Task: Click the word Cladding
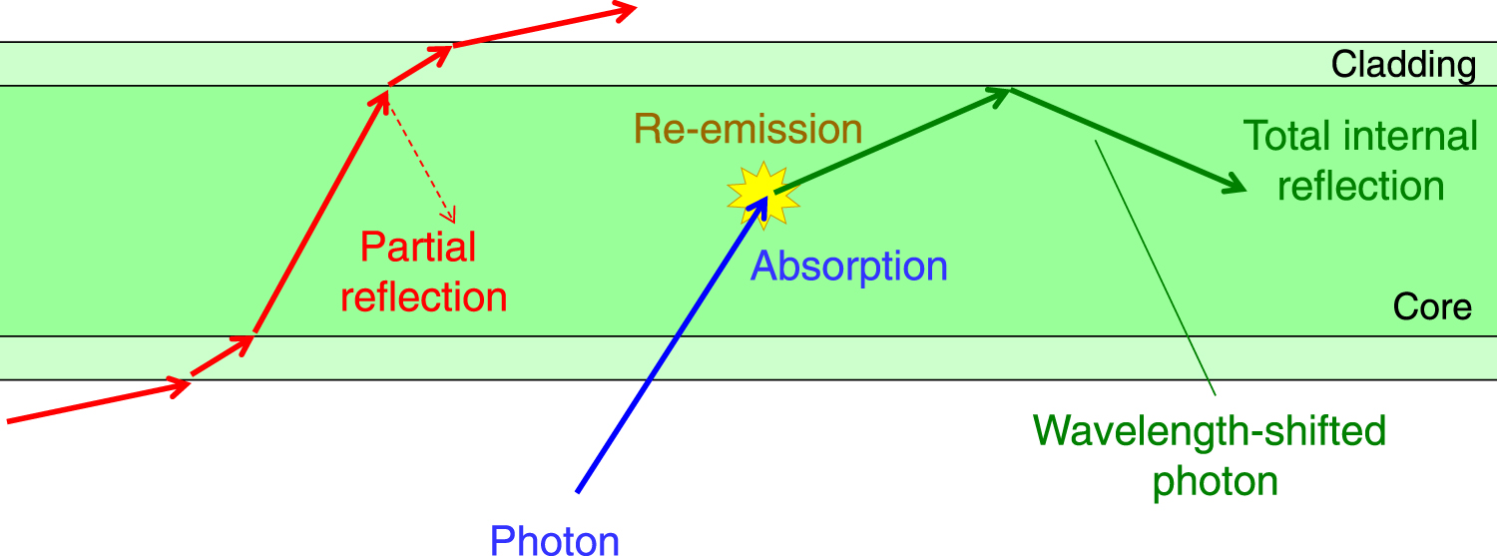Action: pos(1403,66)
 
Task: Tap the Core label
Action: pos(1432,307)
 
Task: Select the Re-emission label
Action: pos(748,129)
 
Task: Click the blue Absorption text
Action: pos(848,267)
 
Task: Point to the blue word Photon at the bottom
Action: pos(555,540)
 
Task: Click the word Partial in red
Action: pos(418,247)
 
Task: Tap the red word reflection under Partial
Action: pos(424,297)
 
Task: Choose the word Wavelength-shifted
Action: pos(1210,431)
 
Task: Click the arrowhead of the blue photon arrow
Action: pos(760,202)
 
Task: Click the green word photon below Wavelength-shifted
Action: pos(1215,482)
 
